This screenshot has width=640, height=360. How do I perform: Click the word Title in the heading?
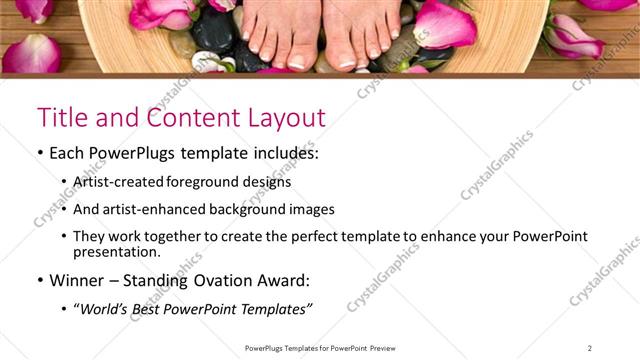coord(62,118)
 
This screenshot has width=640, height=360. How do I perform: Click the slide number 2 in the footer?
coord(589,348)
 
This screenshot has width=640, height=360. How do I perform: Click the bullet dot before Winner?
coord(40,280)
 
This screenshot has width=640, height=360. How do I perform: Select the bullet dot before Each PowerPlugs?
coord(40,156)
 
